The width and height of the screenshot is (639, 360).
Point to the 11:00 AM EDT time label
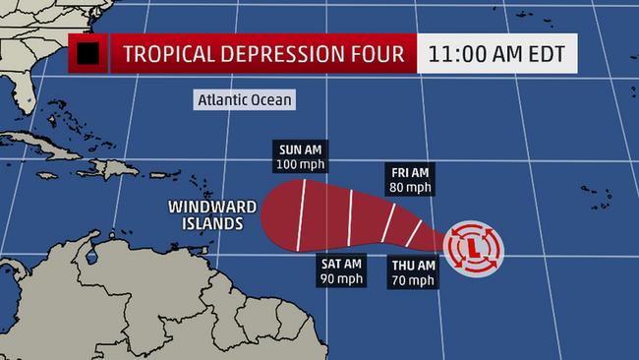click(x=497, y=53)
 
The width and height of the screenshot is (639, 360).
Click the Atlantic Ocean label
click(x=244, y=100)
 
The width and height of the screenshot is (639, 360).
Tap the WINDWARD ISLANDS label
click(x=211, y=215)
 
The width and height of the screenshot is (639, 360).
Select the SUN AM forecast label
click(x=299, y=150)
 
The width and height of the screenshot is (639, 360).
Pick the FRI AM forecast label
click(x=410, y=173)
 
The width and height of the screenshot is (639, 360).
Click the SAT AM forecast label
click(x=341, y=264)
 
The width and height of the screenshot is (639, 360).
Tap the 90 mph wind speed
click(x=341, y=278)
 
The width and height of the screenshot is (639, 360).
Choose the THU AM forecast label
click(x=413, y=265)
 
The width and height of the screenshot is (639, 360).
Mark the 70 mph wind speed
click(x=413, y=278)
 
